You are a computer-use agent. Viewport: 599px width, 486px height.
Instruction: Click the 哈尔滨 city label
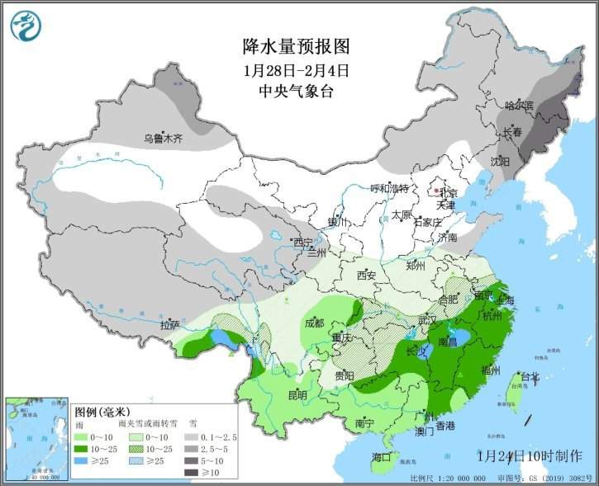520,106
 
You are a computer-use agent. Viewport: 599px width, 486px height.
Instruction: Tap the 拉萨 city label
170,324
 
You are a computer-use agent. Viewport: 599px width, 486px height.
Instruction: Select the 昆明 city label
297,395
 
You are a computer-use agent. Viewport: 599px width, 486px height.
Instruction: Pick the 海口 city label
382,457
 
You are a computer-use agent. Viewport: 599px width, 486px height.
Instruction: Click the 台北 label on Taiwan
529,378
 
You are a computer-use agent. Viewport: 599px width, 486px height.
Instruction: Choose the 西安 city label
367,276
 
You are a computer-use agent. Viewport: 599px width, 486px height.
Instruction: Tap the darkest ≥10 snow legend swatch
192,473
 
